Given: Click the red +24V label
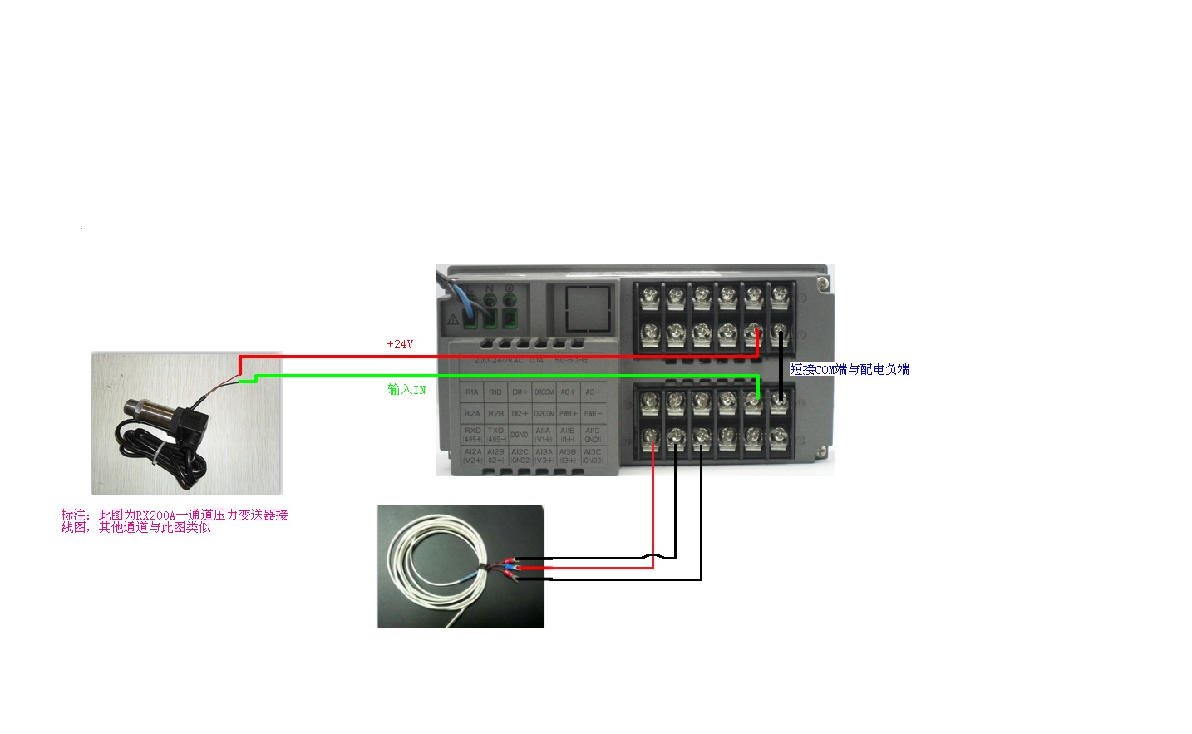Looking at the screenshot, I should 400,344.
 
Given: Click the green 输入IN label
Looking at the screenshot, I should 406,390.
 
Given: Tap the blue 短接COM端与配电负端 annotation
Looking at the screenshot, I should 849,370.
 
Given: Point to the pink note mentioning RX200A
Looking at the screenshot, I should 175,521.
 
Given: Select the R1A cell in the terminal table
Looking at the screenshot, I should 472,392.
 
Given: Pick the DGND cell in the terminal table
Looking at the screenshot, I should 520,435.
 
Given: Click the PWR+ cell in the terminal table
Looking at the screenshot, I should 568,413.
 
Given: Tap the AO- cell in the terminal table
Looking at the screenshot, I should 592,392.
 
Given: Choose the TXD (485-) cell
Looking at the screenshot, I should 496,435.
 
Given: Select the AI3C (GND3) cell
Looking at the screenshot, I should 592,456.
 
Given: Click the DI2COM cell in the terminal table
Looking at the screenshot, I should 544,413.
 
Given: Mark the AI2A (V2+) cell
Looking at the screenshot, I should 472,456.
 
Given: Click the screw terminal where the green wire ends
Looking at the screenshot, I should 753,402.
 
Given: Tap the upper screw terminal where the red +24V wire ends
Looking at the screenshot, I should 754,334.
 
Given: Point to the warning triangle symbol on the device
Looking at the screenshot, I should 453,318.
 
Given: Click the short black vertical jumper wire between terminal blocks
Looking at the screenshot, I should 781,366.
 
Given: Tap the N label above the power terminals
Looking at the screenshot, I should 490,288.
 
